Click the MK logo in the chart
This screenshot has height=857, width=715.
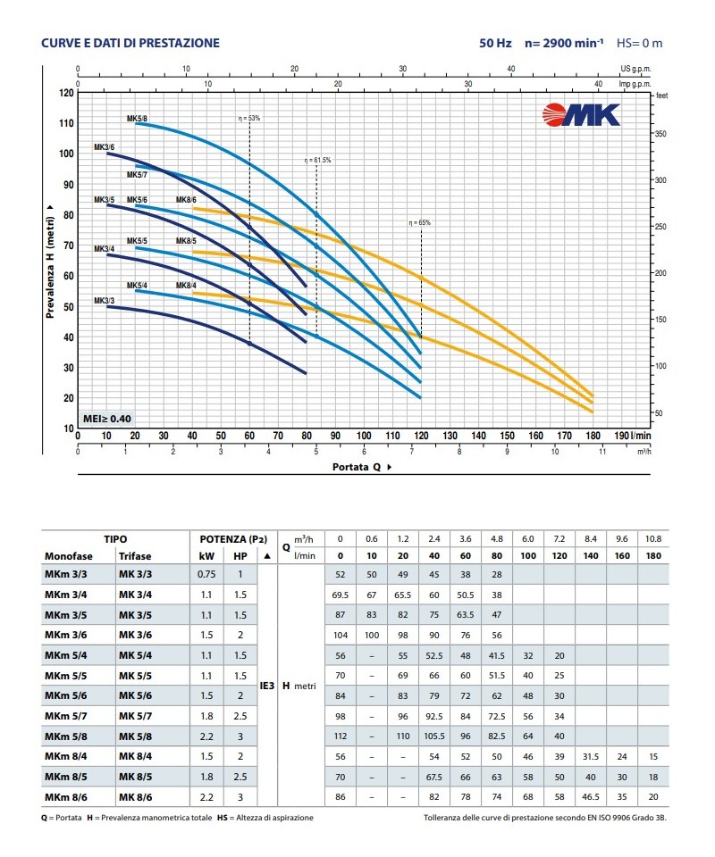pos(582,115)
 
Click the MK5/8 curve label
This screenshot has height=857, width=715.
pos(138,119)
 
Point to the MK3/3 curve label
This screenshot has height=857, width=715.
pos(104,302)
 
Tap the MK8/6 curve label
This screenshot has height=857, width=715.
pos(186,200)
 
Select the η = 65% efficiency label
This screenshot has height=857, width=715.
pos(419,222)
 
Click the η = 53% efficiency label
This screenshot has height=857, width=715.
pos(248,118)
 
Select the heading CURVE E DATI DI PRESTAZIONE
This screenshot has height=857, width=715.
pos(130,43)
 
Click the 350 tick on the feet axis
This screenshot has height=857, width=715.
pos(661,134)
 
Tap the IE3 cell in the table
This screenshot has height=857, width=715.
pos(266,686)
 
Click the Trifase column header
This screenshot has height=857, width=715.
pos(135,555)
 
